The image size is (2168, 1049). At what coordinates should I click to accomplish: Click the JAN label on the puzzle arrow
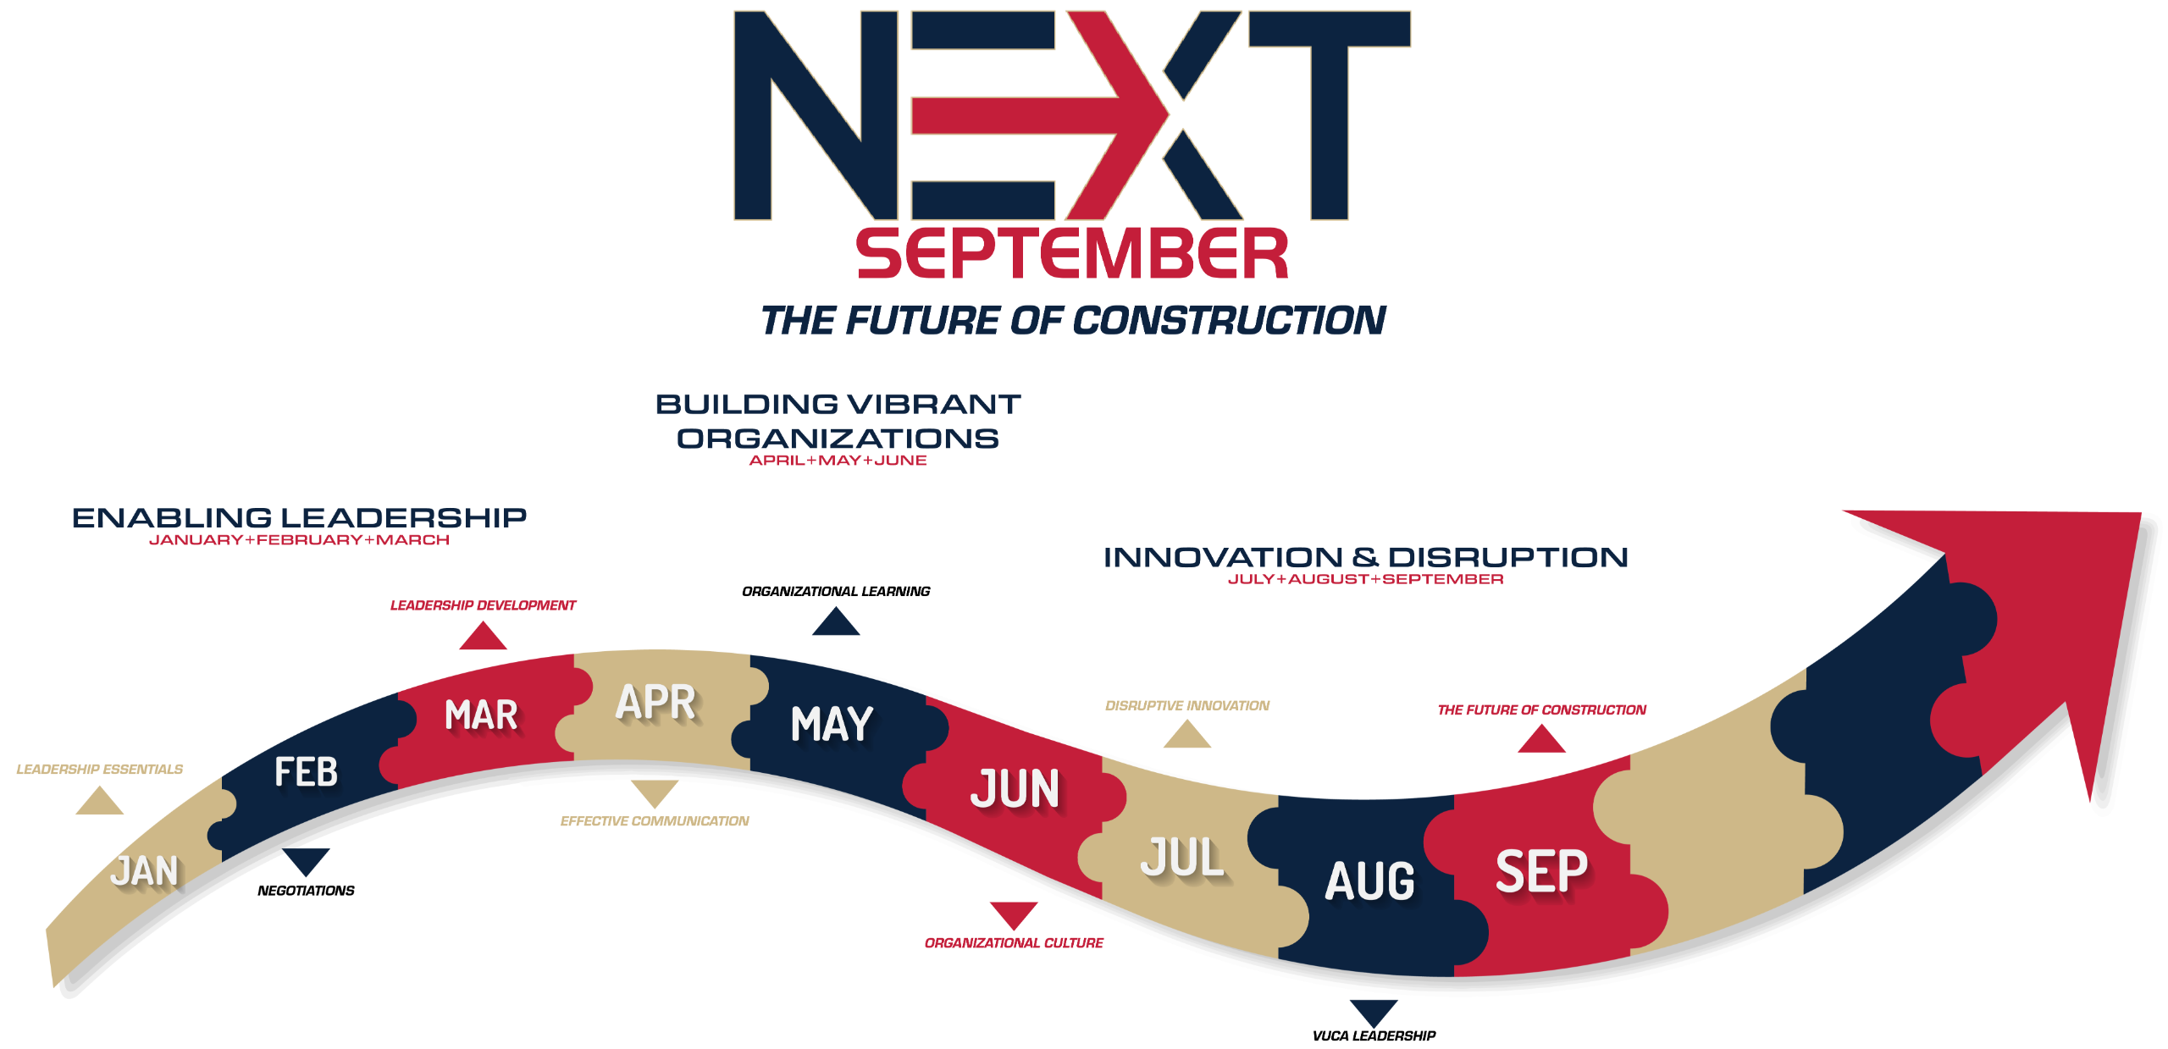(145, 871)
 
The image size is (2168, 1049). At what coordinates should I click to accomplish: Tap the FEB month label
(306, 772)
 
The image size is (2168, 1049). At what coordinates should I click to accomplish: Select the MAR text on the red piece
(481, 715)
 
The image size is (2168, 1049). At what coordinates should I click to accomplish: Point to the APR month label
(655, 702)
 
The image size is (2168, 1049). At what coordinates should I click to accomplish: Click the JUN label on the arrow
(1015, 788)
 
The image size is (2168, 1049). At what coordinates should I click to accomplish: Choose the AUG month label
(1370, 881)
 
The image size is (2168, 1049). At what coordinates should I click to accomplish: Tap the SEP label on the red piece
(1541, 871)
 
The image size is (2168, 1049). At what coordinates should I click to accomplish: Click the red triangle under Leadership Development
(483, 636)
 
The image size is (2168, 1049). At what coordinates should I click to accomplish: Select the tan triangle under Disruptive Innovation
(1187, 734)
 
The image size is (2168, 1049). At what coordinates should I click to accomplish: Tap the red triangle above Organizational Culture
(1014, 915)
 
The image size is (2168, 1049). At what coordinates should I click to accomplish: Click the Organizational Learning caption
(836, 591)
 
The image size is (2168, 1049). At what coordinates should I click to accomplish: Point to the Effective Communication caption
(655, 821)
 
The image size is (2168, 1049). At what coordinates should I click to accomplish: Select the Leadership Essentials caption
(100, 769)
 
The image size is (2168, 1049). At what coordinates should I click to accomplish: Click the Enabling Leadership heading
(299, 517)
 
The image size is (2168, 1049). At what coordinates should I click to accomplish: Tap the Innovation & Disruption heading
(1365, 557)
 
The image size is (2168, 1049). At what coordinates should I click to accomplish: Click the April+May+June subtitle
(838, 461)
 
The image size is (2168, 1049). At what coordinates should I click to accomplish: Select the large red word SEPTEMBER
(1072, 253)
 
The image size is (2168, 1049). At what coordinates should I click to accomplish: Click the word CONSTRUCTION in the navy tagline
(1229, 320)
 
